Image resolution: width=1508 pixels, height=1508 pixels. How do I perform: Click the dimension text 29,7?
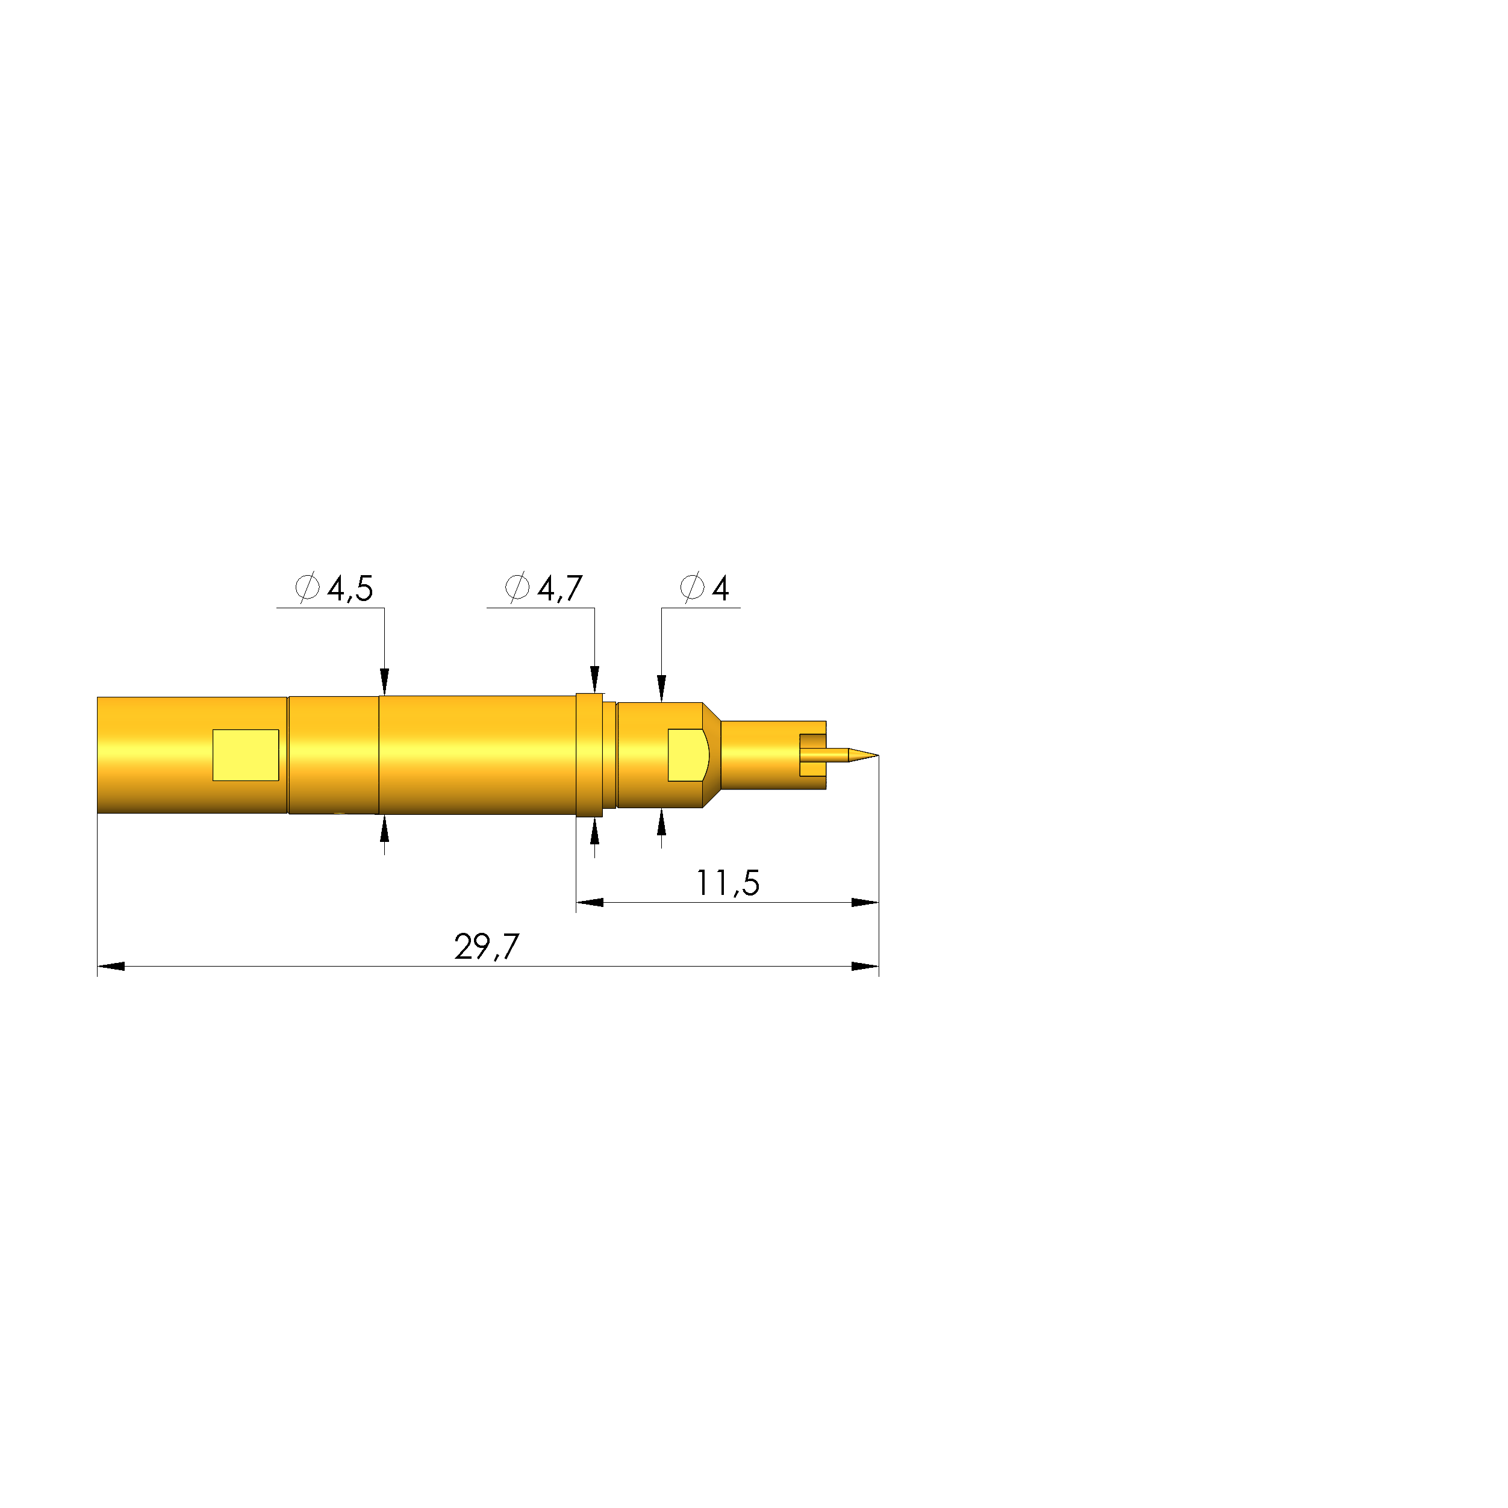(x=486, y=947)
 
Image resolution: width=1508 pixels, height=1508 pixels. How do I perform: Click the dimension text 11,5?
(x=728, y=883)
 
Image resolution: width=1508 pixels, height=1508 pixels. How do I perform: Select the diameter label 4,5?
(x=349, y=588)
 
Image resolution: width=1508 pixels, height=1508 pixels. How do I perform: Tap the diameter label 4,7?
(x=559, y=588)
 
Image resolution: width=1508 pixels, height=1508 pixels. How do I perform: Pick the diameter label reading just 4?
(x=720, y=588)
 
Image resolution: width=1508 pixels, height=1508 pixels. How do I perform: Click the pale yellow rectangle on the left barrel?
(x=246, y=755)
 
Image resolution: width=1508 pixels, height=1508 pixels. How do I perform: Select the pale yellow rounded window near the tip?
(x=687, y=755)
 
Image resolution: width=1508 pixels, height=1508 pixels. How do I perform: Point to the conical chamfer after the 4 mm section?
(x=711, y=755)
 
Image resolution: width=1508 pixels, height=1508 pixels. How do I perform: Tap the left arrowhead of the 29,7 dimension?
(x=111, y=967)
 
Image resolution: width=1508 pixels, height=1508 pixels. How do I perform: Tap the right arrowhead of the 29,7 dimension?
(x=865, y=967)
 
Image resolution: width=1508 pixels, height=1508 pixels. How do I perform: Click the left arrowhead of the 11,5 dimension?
(x=590, y=902)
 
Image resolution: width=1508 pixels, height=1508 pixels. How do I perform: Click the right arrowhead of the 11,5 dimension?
(x=865, y=902)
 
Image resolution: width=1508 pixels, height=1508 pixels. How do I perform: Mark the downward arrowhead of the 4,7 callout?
(x=595, y=679)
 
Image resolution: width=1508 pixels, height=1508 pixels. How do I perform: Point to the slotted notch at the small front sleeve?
(x=812, y=755)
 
